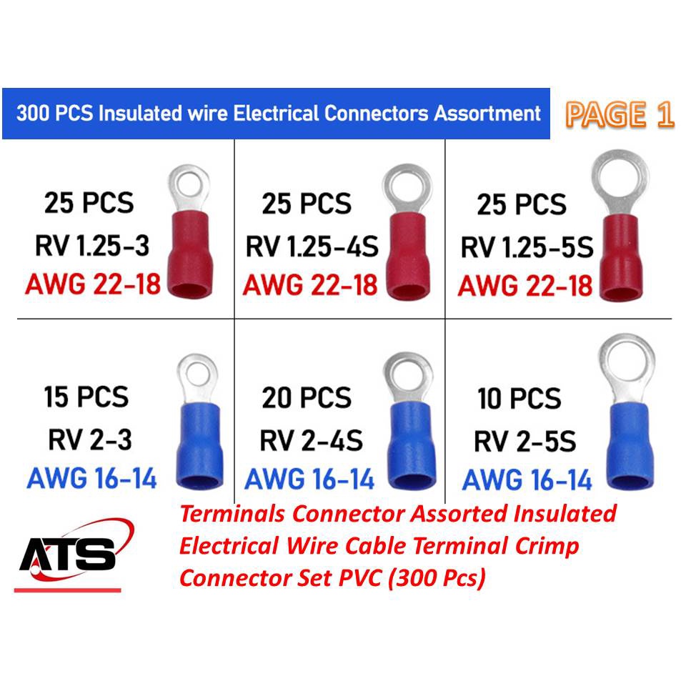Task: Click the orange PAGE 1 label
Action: tap(619, 114)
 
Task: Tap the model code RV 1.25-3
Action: tap(92, 245)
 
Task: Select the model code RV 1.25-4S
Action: tap(312, 247)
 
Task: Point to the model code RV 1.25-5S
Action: tap(527, 247)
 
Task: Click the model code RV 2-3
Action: tap(90, 439)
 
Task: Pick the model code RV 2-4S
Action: tap(311, 441)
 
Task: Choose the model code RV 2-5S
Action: tap(525, 442)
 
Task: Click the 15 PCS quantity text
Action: tap(86, 397)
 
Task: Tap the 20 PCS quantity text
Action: tap(307, 398)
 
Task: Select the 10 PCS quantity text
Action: tap(520, 399)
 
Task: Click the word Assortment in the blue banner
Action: tap(487, 114)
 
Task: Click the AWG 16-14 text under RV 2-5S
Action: tap(527, 480)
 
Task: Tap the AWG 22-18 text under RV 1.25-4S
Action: tap(310, 285)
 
